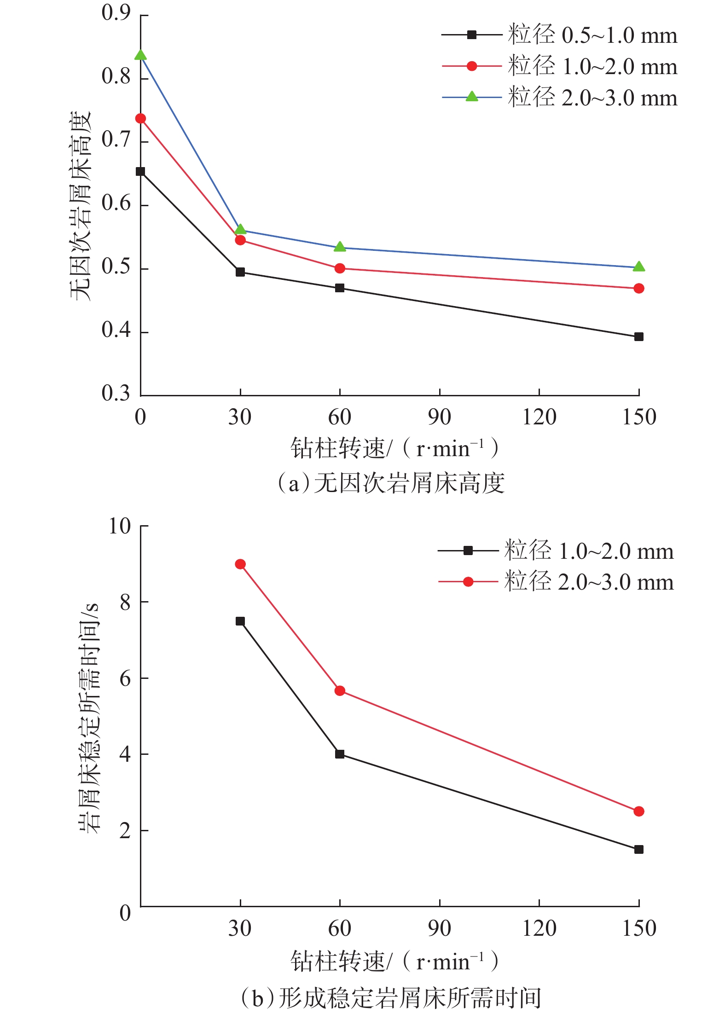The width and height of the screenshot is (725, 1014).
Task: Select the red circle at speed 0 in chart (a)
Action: [x=140, y=119]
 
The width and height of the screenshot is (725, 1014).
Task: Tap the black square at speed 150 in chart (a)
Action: [x=638, y=337]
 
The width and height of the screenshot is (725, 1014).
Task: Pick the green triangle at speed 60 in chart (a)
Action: [x=340, y=247]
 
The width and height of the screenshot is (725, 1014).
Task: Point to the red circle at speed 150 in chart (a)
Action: [x=638, y=289]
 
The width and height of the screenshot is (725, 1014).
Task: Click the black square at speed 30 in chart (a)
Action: [x=240, y=272]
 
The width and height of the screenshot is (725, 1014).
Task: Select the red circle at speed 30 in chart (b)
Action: [x=240, y=564]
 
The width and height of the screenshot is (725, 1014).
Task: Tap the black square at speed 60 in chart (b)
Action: [x=340, y=754]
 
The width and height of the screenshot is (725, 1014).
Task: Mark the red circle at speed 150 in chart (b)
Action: [x=638, y=811]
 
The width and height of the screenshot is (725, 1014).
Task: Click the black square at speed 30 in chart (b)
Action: [x=240, y=621]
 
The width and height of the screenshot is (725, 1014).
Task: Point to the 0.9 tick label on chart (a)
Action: [x=116, y=14]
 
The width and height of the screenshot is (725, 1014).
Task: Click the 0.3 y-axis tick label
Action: [x=116, y=394]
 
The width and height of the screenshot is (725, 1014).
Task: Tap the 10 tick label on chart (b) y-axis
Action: [x=120, y=526]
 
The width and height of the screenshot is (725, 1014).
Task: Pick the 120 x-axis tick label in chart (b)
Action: [x=539, y=928]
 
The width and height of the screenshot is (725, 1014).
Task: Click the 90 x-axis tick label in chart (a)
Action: [x=439, y=417]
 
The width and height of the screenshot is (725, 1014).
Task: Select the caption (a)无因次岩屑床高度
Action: [x=391, y=484]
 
